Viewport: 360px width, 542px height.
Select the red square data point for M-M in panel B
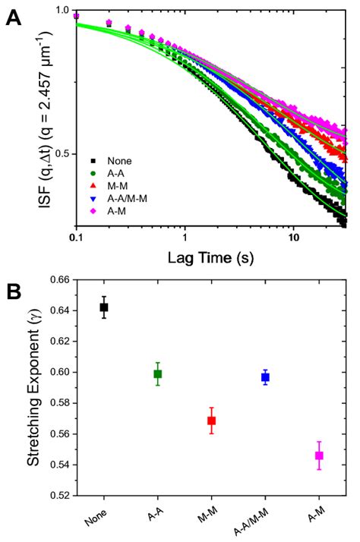(x=212, y=421)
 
